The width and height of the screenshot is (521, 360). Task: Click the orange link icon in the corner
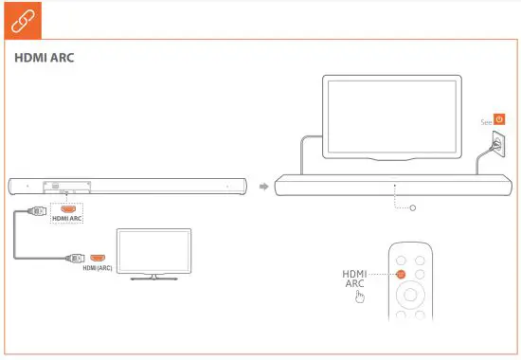pyautogui.click(x=20, y=18)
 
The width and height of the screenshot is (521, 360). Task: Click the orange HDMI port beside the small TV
pyautogui.click(x=97, y=257)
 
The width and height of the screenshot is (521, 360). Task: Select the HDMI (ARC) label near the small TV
pyautogui.click(x=97, y=268)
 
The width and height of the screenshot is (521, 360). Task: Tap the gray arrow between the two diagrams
pyautogui.click(x=266, y=184)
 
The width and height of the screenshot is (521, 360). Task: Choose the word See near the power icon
pyautogui.click(x=486, y=121)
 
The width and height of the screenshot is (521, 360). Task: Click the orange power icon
pyautogui.click(x=499, y=120)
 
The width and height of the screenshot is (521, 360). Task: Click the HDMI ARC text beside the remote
pyautogui.click(x=354, y=279)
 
